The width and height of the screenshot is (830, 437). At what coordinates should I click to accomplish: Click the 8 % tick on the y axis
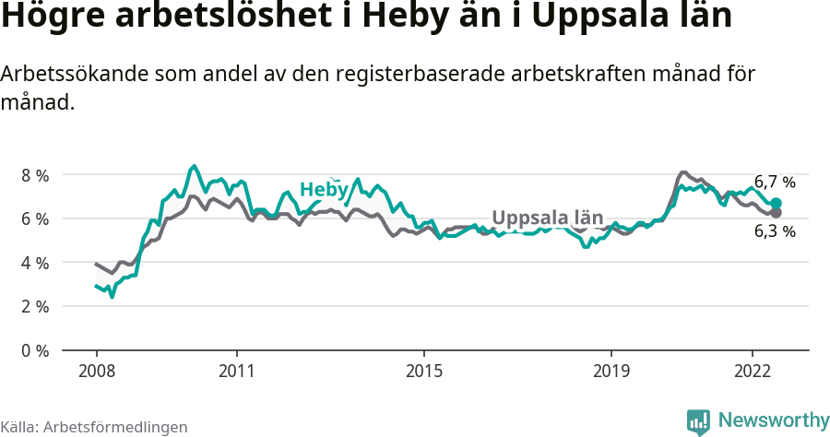(36, 174)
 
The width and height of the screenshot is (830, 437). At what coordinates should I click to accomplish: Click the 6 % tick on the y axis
(36, 218)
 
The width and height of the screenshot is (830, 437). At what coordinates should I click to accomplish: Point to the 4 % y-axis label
(36, 263)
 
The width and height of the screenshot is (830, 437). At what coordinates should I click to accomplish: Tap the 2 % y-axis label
(36, 306)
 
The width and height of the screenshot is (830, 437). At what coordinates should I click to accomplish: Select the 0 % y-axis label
(36, 350)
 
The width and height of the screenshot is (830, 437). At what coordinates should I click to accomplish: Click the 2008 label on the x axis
(97, 371)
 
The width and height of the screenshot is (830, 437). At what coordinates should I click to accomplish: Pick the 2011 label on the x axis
(237, 371)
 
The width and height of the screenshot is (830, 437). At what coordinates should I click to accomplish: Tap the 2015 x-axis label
(423, 371)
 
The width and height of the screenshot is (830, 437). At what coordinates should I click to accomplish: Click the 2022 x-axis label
(752, 371)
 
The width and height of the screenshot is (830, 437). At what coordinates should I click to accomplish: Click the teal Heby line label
(324, 190)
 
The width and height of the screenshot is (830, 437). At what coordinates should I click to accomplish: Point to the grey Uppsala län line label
(547, 218)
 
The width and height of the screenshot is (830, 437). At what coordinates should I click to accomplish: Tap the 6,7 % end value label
(775, 182)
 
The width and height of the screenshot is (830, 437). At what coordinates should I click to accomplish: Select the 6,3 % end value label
(775, 231)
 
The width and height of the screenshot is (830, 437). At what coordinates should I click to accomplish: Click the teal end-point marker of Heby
(777, 203)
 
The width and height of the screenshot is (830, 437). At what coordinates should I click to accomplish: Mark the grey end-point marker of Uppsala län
(777, 213)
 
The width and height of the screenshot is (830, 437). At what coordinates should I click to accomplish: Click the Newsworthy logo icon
(698, 421)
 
